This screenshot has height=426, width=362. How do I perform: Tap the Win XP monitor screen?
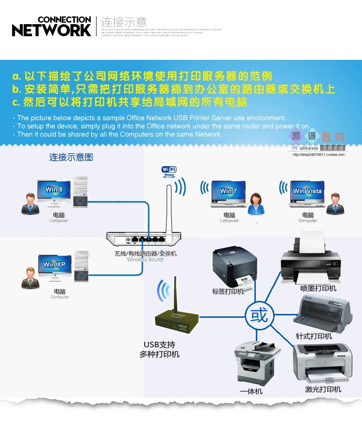54,264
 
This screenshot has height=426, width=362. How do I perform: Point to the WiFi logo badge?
169,170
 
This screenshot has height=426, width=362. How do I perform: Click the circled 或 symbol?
259,316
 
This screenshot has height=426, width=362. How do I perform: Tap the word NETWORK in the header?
52,30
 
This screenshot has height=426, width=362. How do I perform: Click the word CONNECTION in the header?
64,20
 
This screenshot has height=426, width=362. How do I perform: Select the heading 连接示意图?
70,157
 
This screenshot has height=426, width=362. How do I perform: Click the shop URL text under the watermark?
319,155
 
